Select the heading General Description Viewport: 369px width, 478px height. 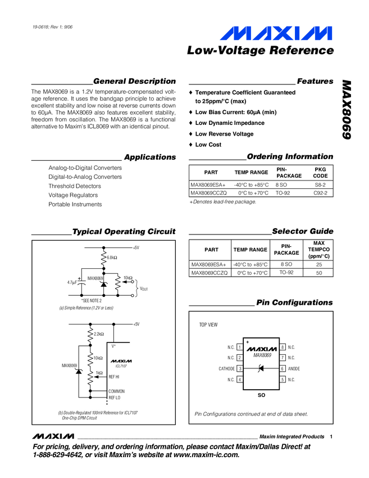pos(134,82)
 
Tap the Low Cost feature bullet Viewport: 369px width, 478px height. pos(208,145)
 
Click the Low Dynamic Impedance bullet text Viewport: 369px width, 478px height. pos(230,123)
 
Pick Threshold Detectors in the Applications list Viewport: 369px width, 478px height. pos(75,186)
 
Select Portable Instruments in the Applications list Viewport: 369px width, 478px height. pos(75,205)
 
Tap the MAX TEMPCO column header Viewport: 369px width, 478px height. pos(318,249)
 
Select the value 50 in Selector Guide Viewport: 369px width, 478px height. pos(318,273)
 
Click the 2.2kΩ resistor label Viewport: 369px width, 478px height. pos(99,334)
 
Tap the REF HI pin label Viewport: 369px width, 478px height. pos(115,377)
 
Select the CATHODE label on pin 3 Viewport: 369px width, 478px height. pos(226,369)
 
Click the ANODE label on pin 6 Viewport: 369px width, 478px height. pos(294,369)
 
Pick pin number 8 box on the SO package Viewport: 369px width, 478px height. pos(283,347)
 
